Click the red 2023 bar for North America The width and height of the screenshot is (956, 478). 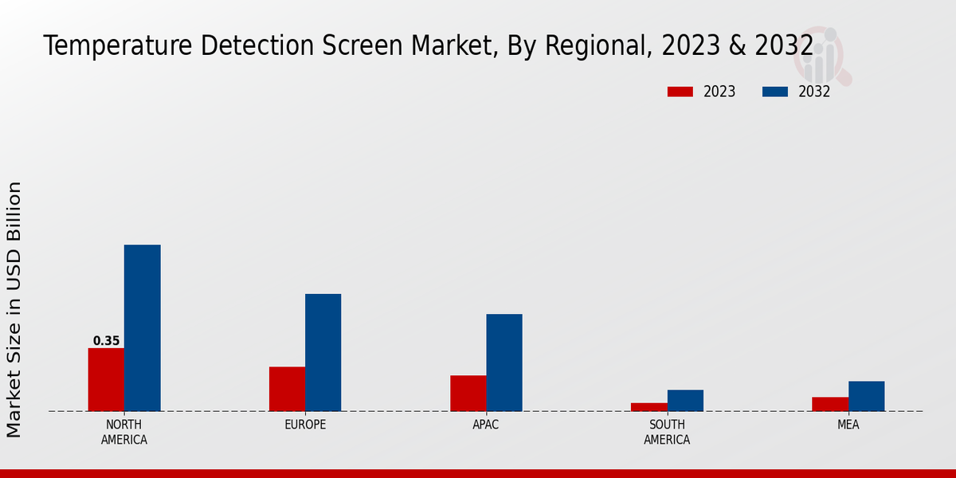pyautogui.click(x=106, y=379)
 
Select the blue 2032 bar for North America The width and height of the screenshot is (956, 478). pyautogui.click(x=142, y=327)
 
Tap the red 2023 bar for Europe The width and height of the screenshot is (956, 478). pyautogui.click(x=287, y=389)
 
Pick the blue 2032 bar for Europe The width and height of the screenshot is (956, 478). pyautogui.click(x=323, y=352)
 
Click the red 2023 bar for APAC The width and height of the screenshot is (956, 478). pyautogui.click(x=468, y=393)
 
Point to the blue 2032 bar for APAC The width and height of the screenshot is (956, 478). pyautogui.click(x=504, y=362)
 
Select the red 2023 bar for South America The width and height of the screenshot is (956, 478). pyautogui.click(x=648, y=407)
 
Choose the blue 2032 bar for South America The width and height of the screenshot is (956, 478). pyautogui.click(x=685, y=400)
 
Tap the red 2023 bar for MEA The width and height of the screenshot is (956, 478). pyautogui.click(x=829, y=404)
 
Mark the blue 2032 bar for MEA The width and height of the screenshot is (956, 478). pyautogui.click(x=866, y=396)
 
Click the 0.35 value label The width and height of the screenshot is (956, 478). pyautogui.click(x=106, y=341)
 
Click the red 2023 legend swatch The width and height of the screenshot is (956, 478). pyautogui.click(x=680, y=92)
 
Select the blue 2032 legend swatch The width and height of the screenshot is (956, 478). pyautogui.click(x=775, y=92)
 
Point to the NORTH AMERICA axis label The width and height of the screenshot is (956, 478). pyautogui.click(x=124, y=432)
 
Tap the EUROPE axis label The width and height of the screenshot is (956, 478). pyautogui.click(x=305, y=425)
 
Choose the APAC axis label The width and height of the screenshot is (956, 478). pyautogui.click(x=486, y=425)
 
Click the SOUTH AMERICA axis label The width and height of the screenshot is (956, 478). pyautogui.click(x=667, y=432)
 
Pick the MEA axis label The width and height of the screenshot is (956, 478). pyautogui.click(x=848, y=425)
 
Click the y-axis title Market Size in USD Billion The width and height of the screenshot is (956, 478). pyautogui.click(x=14, y=309)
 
